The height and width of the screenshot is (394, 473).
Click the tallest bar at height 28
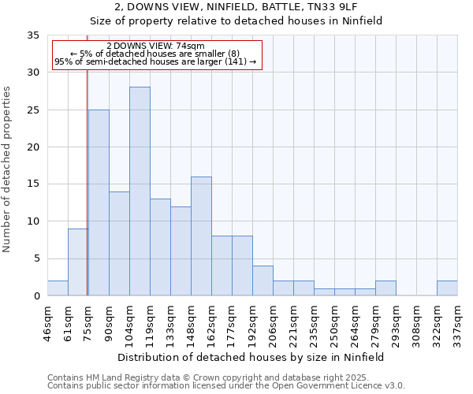[140, 191]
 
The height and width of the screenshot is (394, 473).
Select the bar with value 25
[99, 203]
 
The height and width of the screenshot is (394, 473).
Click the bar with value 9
[78, 262]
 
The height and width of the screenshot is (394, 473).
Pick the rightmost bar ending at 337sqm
[447, 288]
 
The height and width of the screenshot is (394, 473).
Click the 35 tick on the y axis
[32, 35]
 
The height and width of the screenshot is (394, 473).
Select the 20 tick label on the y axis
[32, 147]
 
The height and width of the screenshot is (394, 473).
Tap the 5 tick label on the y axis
[35, 259]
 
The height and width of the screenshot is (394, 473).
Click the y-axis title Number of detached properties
[9, 170]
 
